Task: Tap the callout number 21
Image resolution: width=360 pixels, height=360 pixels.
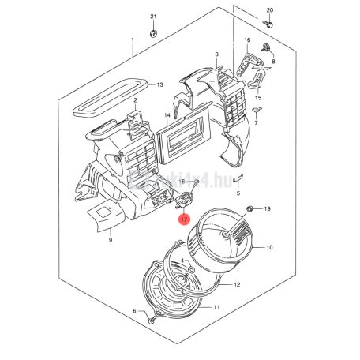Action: (x=154, y=17)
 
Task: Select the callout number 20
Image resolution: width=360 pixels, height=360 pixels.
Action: (x=269, y=10)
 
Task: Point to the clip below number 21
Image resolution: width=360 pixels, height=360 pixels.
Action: (x=155, y=32)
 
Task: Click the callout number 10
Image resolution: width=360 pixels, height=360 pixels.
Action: (x=269, y=248)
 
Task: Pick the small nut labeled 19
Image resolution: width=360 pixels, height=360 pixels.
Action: (x=249, y=208)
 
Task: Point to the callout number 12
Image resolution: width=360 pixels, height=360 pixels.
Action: (x=238, y=284)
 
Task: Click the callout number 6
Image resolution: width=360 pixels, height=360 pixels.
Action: (x=135, y=312)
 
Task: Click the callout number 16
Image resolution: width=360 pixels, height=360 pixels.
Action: (x=247, y=39)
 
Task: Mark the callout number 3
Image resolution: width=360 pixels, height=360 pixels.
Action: (x=216, y=54)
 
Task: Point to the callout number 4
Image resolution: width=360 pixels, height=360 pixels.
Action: (x=182, y=261)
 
